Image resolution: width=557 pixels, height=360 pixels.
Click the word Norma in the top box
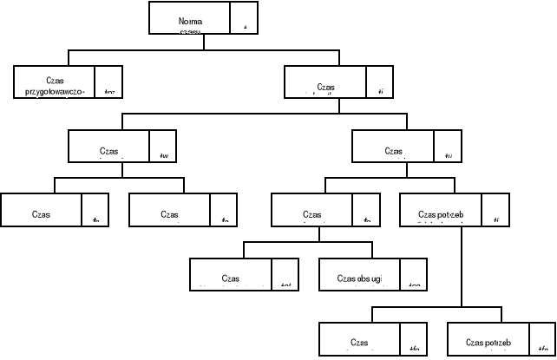point(189,20)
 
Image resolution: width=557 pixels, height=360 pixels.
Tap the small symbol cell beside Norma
point(245,18)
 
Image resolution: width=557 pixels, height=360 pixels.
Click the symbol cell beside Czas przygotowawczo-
point(108,82)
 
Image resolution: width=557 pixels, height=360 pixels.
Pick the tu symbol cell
point(447,147)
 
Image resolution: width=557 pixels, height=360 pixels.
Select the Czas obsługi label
point(357,278)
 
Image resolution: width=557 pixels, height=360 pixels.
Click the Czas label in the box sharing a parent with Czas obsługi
point(230,278)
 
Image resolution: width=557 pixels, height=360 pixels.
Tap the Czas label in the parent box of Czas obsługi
point(311,213)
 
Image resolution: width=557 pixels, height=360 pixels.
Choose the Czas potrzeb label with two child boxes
point(441,213)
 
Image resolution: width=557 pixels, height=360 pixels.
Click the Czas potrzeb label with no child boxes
point(488,342)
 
